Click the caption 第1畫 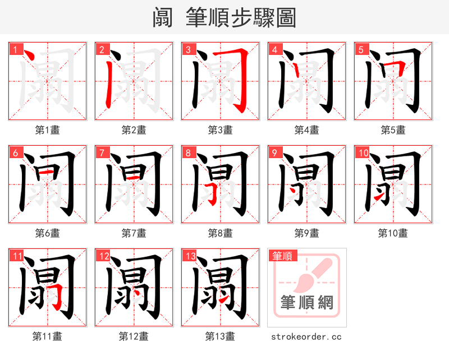48,130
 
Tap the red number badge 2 102,50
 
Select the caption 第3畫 220,130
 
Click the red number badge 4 274,50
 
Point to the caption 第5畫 393,130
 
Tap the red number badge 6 15,153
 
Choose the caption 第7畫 134,233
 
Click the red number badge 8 188,153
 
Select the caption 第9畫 306,233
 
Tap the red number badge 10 362,153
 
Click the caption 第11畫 48,336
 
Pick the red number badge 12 103,256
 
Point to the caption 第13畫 220,336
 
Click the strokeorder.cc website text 306,336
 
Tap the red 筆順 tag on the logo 282,256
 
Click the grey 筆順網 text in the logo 306,303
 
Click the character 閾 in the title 162,17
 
